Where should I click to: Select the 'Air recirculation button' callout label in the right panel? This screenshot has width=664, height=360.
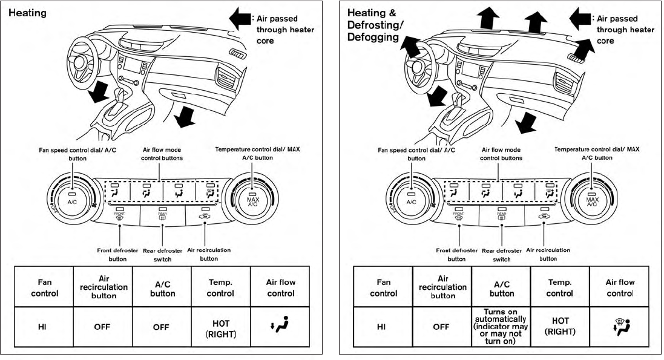(x=548, y=254)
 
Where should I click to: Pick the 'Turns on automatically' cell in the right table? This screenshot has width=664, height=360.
(x=502, y=326)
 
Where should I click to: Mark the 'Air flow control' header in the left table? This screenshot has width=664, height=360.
(x=281, y=287)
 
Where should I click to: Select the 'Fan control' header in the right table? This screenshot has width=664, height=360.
(x=384, y=287)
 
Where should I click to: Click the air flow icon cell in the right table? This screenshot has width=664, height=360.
(x=620, y=327)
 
